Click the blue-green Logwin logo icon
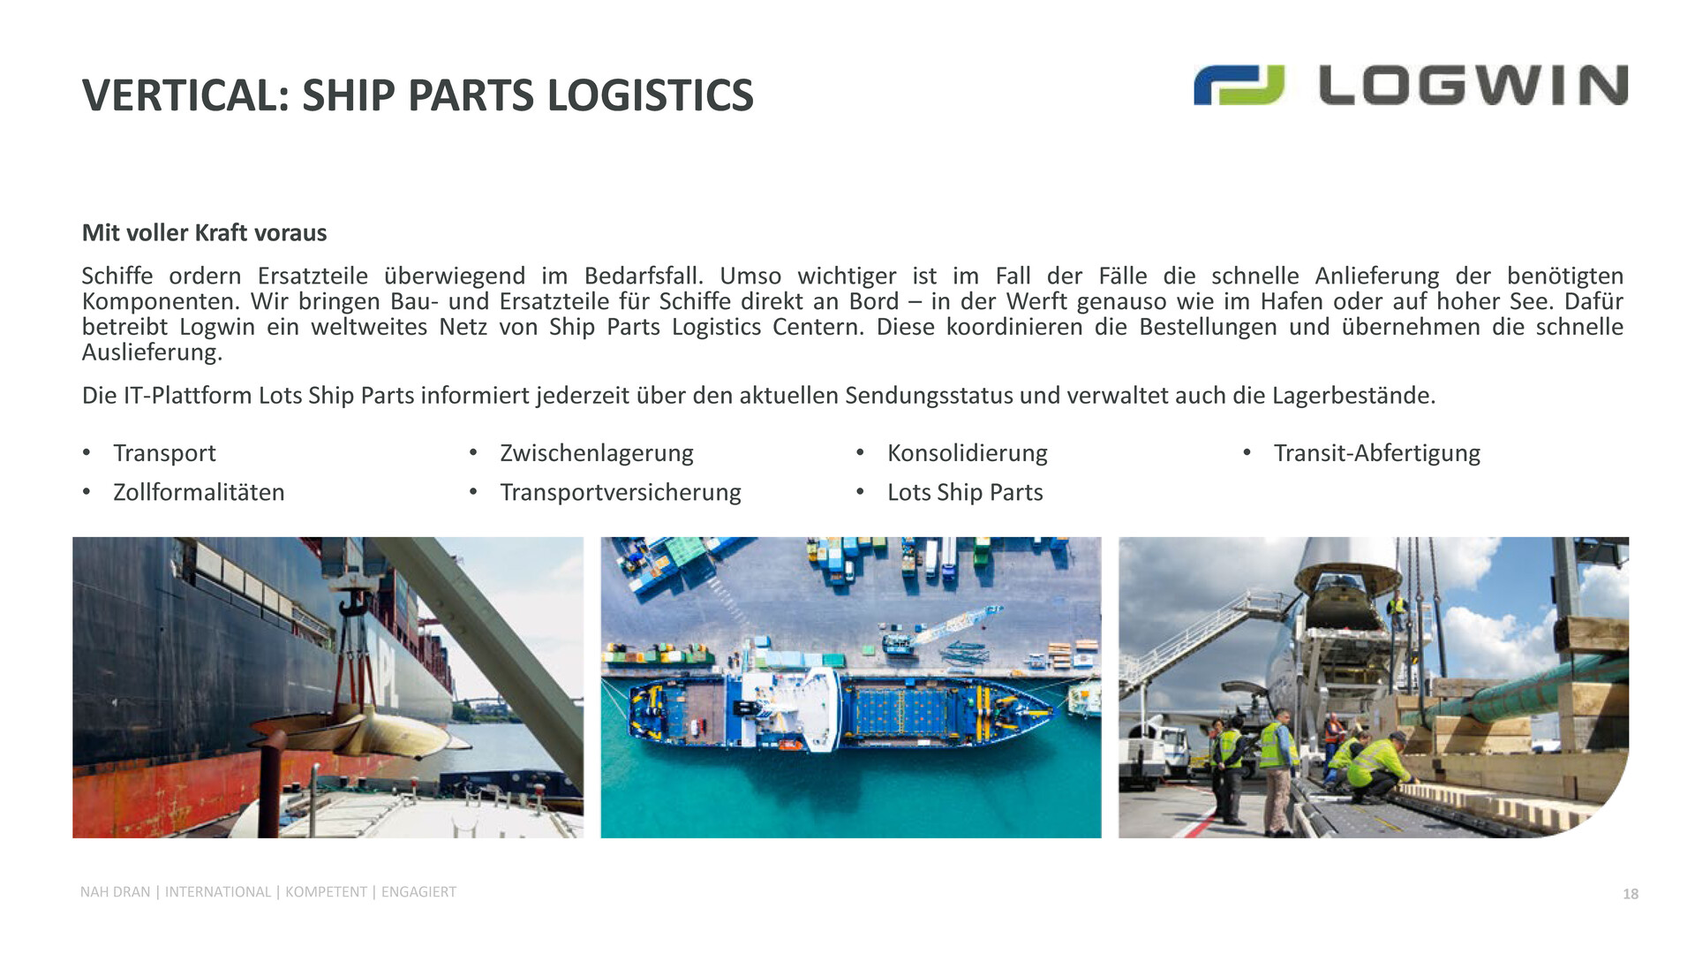coord(1239,85)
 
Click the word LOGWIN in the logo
coord(1473,85)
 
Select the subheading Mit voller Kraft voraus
coord(204,232)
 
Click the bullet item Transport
coord(164,453)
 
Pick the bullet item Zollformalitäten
coord(199,492)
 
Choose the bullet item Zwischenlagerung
coord(597,453)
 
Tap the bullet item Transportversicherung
coord(621,492)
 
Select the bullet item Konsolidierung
coord(968,453)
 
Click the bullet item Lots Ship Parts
coord(965,492)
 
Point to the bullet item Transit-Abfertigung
coord(1377,453)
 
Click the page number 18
coord(1631,894)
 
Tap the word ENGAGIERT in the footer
coord(418,892)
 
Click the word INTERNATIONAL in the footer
coord(218,892)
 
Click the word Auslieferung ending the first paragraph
coord(152,352)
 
